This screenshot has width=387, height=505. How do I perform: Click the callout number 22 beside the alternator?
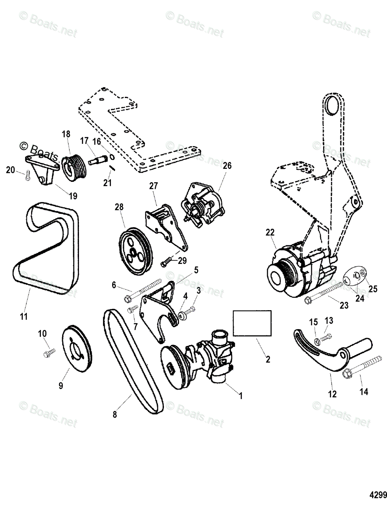click(270, 232)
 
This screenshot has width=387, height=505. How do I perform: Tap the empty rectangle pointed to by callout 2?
click(252, 323)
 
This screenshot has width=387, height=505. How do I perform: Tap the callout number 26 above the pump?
click(227, 166)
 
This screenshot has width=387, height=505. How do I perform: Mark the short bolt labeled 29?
click(166, 263)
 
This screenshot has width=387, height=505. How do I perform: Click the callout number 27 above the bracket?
click(152, 186)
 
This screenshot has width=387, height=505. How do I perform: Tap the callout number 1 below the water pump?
click(240, 396)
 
